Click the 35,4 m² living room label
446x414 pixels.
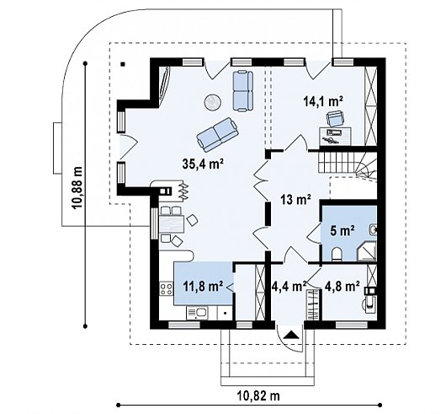click(203, 164)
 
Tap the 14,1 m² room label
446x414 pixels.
click(323, 102)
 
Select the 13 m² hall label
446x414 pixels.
click(295, 200)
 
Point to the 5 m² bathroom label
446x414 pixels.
click(342, 230)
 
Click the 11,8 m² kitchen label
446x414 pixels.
click(203, 286)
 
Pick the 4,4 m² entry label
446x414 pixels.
click(289, 286)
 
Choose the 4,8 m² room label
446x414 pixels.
click(342, 286)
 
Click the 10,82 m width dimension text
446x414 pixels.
click(258, 395)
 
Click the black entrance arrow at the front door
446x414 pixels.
click(290, 334)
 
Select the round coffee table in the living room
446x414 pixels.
click(212, 102)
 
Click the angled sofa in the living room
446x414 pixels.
click(217, 134)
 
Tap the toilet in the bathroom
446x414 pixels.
click(337, 255)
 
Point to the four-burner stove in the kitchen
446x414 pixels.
click(166, 288)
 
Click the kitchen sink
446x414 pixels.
click(197, 313)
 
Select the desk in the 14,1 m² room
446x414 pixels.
click(335, 137)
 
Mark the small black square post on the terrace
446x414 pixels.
click(123, 64)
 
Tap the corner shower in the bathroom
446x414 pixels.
click(366, 251)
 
